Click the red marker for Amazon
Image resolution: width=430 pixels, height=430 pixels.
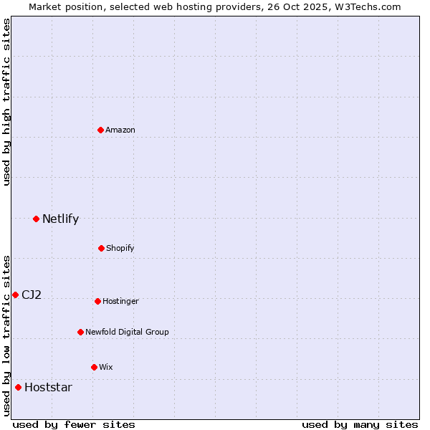click(101, 130)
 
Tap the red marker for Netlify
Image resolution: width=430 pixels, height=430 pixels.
click(36, 219)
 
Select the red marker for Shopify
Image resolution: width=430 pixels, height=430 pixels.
click(101, 248)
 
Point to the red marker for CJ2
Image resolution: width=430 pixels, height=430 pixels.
click(15, 295)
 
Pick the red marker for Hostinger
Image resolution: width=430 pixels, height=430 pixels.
click(97, 301)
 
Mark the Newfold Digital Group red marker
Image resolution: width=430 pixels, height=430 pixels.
click(80, 332)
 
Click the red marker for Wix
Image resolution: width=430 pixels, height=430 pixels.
click(94, 367)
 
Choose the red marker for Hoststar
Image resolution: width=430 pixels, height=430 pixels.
click(18, 387)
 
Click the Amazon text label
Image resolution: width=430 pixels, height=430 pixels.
click(120, 130)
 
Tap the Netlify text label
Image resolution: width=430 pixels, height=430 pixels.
click(60, 219)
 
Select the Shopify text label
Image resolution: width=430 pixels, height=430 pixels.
click(120, 248)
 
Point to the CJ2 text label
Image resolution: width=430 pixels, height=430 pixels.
click(32, 295)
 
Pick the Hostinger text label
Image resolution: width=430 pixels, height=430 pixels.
click(120, 301)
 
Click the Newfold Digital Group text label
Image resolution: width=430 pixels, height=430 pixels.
click(127, 332)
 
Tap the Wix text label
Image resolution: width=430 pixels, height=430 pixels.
click(106, 367)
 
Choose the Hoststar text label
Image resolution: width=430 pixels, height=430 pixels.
click(48, 387)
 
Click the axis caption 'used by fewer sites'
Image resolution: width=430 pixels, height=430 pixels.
click(74, 424)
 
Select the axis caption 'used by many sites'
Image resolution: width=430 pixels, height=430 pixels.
click(360, 424)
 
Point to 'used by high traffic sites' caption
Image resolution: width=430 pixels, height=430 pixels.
click(6, 102)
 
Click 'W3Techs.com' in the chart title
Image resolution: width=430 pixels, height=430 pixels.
click(368, 6)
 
